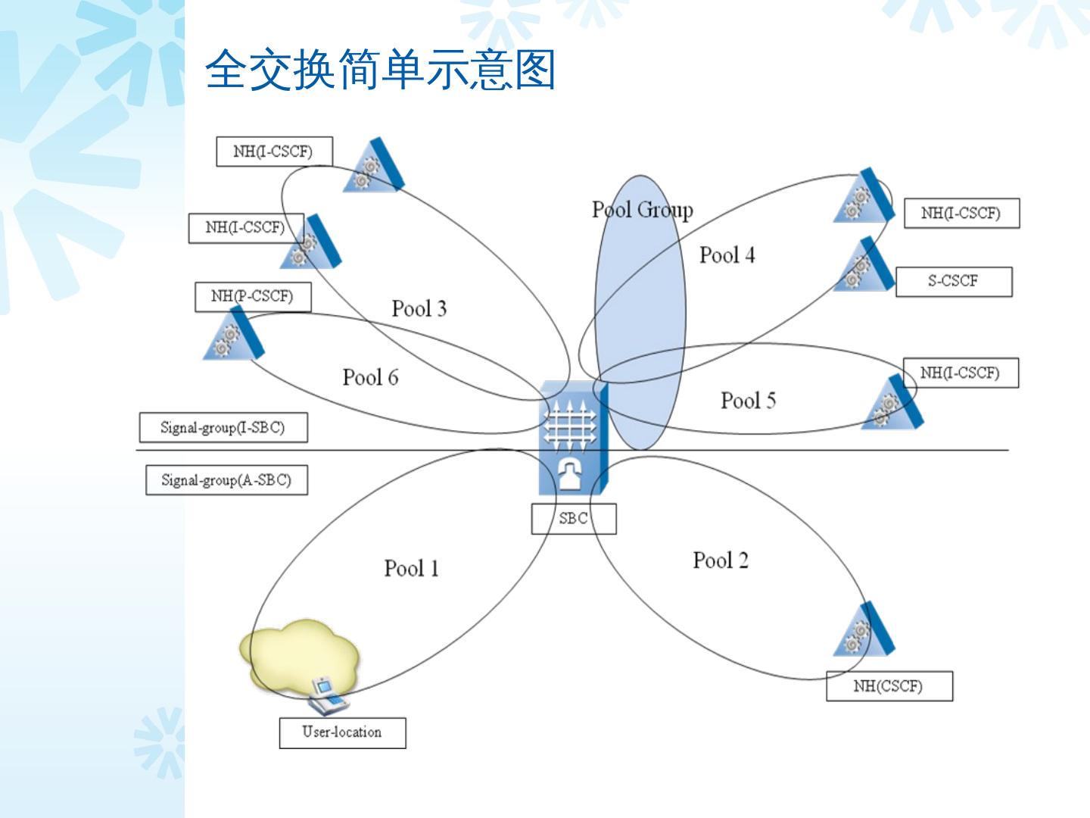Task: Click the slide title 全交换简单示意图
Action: tap(380, 70)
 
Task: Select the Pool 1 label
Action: tap(411, 568)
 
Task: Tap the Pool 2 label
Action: tap(720, 560)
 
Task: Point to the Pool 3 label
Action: tap(419, 308)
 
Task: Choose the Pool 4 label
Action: tap(727, 255)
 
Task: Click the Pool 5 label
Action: tap(748, 401)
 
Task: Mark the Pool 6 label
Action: tap(370, 377)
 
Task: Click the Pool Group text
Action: tap(642, 210)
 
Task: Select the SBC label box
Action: tap(573, 519)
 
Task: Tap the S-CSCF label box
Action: tap(953, 281)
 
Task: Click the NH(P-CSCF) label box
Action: tap(252, 296)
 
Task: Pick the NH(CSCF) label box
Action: tap(889, 686)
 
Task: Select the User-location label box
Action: tap(342, 732)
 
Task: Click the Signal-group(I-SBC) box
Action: tap(223, 428)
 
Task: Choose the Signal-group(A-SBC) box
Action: tap(226, 480)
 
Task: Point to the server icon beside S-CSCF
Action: tap(864, 265)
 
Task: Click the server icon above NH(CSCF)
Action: tap(864, 630)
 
